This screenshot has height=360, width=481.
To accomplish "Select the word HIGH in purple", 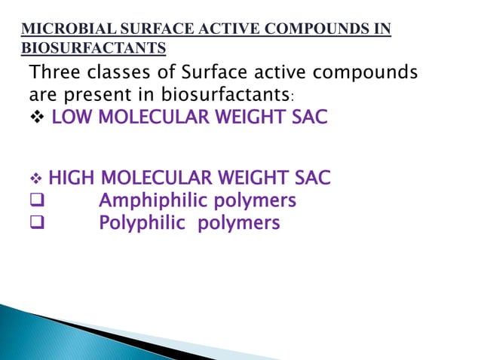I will coord(72,179).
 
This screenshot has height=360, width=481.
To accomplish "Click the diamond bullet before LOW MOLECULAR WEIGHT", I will coord(36,119).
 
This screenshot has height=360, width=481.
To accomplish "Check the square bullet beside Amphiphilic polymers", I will coord(36,201).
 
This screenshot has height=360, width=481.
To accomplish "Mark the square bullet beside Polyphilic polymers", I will coord(36,224).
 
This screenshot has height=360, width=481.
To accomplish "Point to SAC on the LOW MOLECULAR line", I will coord(308,119).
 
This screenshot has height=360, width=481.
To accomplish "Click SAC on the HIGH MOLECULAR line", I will coord(311,179).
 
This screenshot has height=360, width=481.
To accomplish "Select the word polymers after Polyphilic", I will coord(239,224).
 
